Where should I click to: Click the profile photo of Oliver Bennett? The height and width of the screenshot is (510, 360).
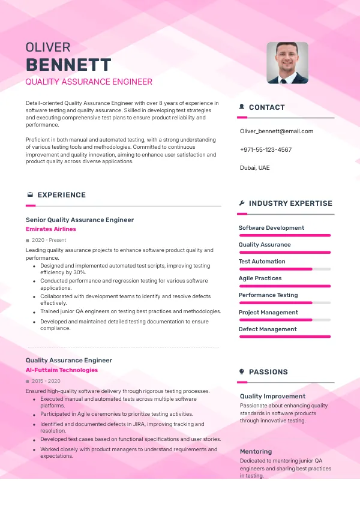pos(287,62)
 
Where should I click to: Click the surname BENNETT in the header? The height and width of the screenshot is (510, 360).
pos(68,65)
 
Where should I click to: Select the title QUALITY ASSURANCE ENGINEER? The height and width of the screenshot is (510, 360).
pos(89,82)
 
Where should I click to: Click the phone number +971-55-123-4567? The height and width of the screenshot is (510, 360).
pos(266,149)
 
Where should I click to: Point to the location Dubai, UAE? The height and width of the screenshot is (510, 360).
pos(255,167)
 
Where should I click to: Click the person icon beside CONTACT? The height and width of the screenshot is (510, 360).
pos(241,107)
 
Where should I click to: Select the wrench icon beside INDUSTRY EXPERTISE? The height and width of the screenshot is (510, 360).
pos(241,203)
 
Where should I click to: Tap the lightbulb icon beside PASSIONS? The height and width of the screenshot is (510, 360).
pos(241,372)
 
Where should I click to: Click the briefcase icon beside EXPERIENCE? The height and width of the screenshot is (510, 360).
pos(30,195)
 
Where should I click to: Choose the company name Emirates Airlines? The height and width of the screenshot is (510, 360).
pos(51,229)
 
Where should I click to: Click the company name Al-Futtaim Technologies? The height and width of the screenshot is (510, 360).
pos(62,370)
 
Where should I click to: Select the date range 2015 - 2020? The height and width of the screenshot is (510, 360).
pos(46,381)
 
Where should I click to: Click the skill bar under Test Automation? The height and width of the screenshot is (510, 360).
pos(285,269)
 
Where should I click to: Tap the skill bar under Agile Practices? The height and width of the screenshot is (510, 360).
pos(285,286)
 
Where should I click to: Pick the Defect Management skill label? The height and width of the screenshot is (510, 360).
pos(268,329)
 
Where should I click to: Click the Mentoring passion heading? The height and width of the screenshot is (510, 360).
pos(256,451)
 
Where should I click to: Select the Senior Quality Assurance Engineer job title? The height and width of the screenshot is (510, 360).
pos(80,220)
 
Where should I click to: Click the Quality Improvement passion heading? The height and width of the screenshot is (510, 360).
pos(272,396)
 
